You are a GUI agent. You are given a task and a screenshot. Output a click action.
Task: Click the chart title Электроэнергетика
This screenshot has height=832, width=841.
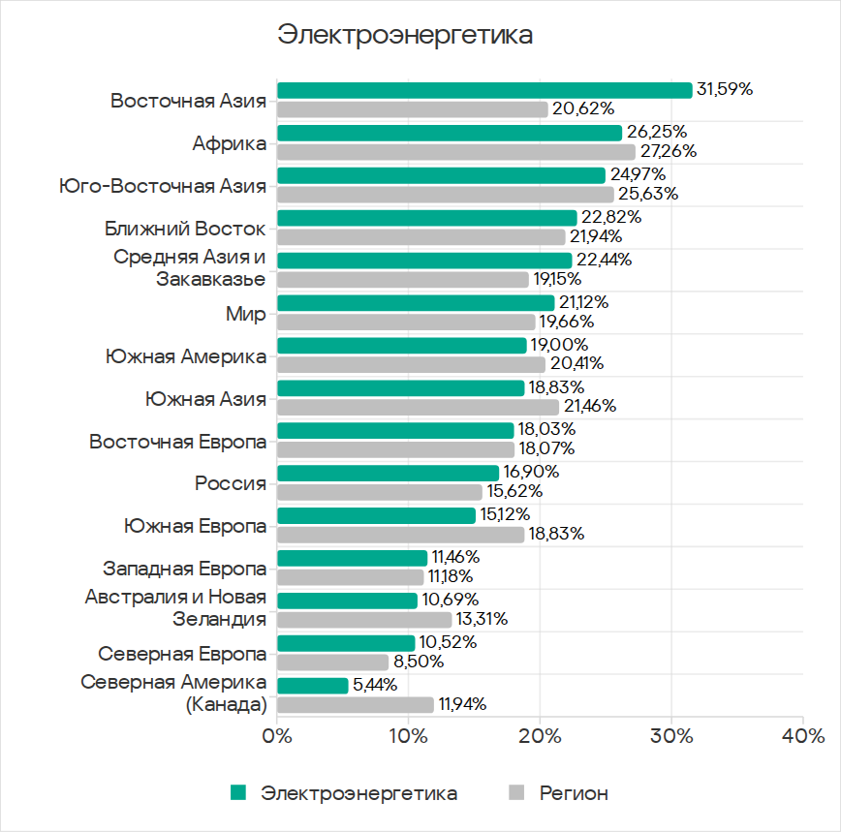pos(405,35)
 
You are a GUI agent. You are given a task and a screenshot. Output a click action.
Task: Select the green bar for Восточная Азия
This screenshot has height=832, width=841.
pos(484,90)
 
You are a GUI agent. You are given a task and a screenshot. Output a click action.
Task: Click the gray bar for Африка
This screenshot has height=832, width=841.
pos(456,152)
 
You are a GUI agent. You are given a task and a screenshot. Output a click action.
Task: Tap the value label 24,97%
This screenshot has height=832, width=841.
pos(637,174)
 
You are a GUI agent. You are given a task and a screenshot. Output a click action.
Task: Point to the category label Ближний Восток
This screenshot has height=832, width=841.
pos(185,229)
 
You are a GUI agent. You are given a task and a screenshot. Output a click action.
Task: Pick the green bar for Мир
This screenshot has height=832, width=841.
pos(416,302)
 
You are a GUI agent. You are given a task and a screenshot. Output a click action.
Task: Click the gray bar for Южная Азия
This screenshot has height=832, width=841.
pos(419,407)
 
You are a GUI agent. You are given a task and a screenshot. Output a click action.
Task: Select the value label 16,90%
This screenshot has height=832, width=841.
pos(531,472)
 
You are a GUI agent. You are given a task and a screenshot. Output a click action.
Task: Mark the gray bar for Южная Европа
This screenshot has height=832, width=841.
pos(401,535)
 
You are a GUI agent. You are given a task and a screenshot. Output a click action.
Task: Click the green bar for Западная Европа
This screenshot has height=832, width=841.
pos(353,558)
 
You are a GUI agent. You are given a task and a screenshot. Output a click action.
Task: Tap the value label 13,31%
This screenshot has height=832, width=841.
pos(483,619)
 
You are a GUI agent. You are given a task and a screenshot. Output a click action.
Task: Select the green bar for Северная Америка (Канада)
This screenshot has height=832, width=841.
pos(313,686)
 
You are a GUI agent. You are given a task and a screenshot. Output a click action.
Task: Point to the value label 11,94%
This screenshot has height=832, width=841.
pos(462,704)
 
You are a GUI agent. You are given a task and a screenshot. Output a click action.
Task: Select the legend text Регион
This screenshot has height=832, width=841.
pos(574,793)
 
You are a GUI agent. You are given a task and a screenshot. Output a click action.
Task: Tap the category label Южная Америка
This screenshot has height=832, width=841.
pos(186,355)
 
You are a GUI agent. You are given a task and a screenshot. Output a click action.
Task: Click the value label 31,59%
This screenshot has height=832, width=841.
pos(725,89)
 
